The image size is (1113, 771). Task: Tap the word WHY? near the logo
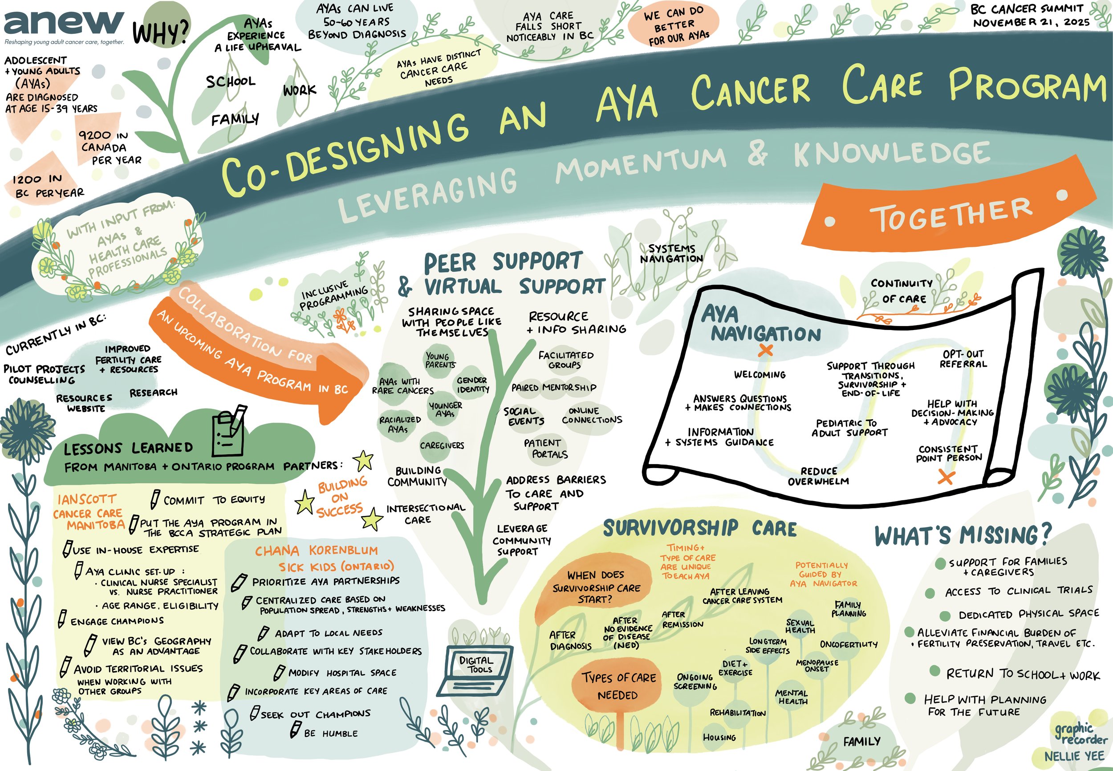(161, 33)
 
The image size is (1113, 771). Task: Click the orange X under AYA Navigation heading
(765, 350)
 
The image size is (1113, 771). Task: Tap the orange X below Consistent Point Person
(946, 478)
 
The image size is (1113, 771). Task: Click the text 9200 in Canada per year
(110, 147)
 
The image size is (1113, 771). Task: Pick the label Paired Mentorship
(553, 388)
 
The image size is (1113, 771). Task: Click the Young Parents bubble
(440, 360)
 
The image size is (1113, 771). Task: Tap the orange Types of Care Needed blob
(618, 686)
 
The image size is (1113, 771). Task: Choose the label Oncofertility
(849, 645)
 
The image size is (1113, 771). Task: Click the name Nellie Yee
(1074, 756)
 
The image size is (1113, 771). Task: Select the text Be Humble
(331, 733)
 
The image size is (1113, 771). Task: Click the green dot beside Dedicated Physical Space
(945, 616)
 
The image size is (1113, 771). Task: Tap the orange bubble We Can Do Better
(674, 26)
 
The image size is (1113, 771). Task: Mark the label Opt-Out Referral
(963, 359)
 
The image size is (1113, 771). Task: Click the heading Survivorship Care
(700, 529)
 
